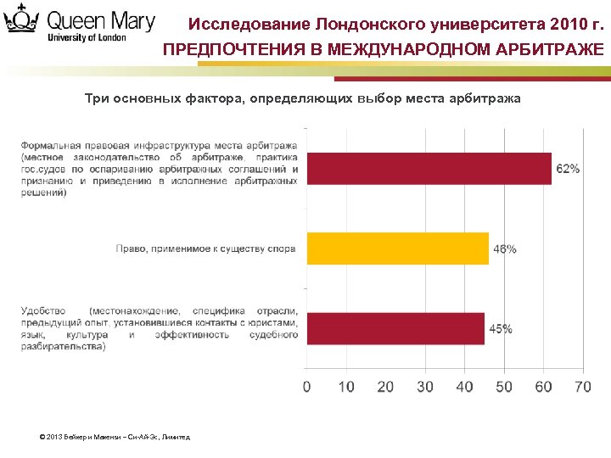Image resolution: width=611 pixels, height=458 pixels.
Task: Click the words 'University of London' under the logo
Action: pos(87,37)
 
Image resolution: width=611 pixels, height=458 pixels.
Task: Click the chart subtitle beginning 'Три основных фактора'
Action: pos(303,99)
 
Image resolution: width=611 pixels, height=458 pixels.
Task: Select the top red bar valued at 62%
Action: pos(429,169)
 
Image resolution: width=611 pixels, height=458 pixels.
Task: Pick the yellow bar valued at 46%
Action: pos(397,249)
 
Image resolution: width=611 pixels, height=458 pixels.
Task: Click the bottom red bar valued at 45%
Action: pos(395,328)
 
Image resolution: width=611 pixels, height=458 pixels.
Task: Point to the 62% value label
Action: pos(568,169)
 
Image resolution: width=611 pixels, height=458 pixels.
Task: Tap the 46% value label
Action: pos(504,249)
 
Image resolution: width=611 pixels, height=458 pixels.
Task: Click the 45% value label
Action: pos(500,329)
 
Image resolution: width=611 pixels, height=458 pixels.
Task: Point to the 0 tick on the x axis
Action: pos(307,387)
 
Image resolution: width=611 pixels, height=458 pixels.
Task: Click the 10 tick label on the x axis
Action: pos(346,387)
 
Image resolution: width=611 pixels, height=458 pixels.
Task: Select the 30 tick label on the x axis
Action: pos(425,387)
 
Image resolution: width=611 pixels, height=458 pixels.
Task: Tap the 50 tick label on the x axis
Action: pos(504,387)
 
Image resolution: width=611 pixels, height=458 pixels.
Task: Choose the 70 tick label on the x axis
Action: pos(583,387)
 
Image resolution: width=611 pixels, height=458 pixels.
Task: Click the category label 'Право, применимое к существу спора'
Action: pos(206,249)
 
